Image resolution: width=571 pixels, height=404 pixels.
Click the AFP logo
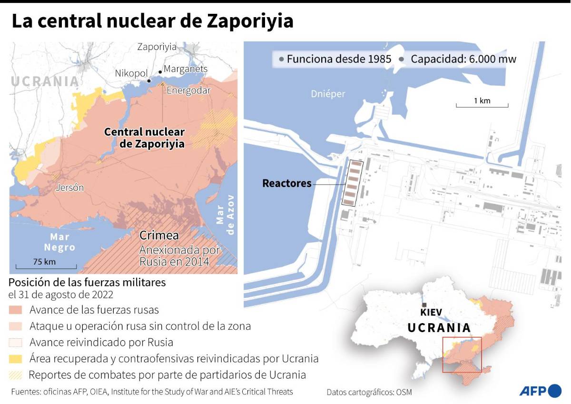tap(540, 391)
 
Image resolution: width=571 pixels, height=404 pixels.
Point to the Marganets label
tap(186, 69)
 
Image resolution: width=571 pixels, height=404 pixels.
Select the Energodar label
tap(188, 91)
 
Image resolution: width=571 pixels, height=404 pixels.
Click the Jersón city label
tap(69, 187)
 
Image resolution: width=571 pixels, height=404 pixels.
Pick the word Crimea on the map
tap(159, 235)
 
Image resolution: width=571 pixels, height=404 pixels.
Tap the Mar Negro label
tap(59, 242)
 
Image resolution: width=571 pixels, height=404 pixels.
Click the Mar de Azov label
tap(226, 214)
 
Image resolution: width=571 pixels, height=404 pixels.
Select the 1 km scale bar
tap(482, 105)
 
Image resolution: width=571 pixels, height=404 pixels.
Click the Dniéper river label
tap(328, 94)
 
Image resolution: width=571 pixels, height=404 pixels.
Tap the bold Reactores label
tap(287, 183)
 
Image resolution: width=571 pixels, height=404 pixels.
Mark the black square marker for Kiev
tap(423, 305)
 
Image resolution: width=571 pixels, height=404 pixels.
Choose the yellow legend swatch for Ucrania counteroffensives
tap(16, 358)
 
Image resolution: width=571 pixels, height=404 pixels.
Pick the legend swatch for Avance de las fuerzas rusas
tap(16, 310)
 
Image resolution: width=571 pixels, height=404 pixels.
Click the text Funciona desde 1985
tap(339, 59)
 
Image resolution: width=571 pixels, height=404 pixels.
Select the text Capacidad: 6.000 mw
tap(463, 59)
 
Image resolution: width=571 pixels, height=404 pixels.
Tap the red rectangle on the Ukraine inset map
tap(462, 355)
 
